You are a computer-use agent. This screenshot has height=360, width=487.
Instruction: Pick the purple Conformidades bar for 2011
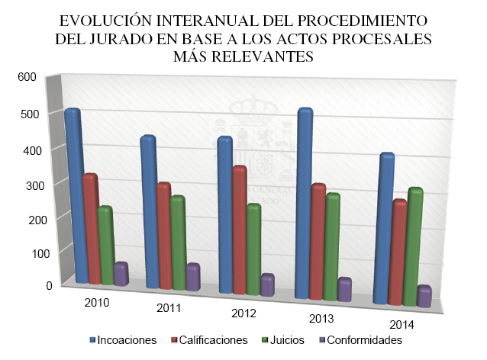click(193, 278)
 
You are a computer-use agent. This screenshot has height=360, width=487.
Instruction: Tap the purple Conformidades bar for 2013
click(344, 291)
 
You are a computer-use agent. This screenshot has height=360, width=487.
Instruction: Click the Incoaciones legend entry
click(127, 340)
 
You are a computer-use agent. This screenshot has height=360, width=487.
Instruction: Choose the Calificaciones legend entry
click(213, 340)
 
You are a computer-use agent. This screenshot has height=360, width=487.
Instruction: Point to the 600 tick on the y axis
click(27, 76)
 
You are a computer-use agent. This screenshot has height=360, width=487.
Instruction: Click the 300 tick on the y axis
click(27, 184)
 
